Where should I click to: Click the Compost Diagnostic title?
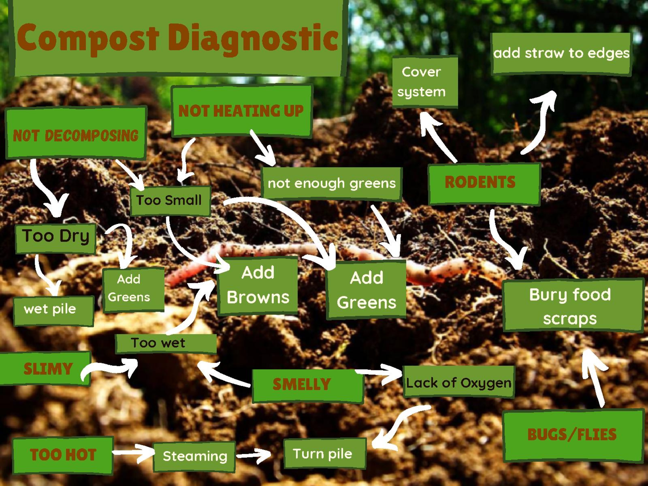point(177,38)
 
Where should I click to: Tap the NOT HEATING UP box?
point(242,111)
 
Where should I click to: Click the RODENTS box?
point(484,184)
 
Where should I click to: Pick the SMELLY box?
point(308,386)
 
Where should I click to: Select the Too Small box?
point(170,201)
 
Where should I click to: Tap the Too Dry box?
point(56,238)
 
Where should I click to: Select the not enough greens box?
point(332,184)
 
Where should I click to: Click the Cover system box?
point(425,82)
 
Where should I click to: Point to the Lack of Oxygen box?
point(459,382)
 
